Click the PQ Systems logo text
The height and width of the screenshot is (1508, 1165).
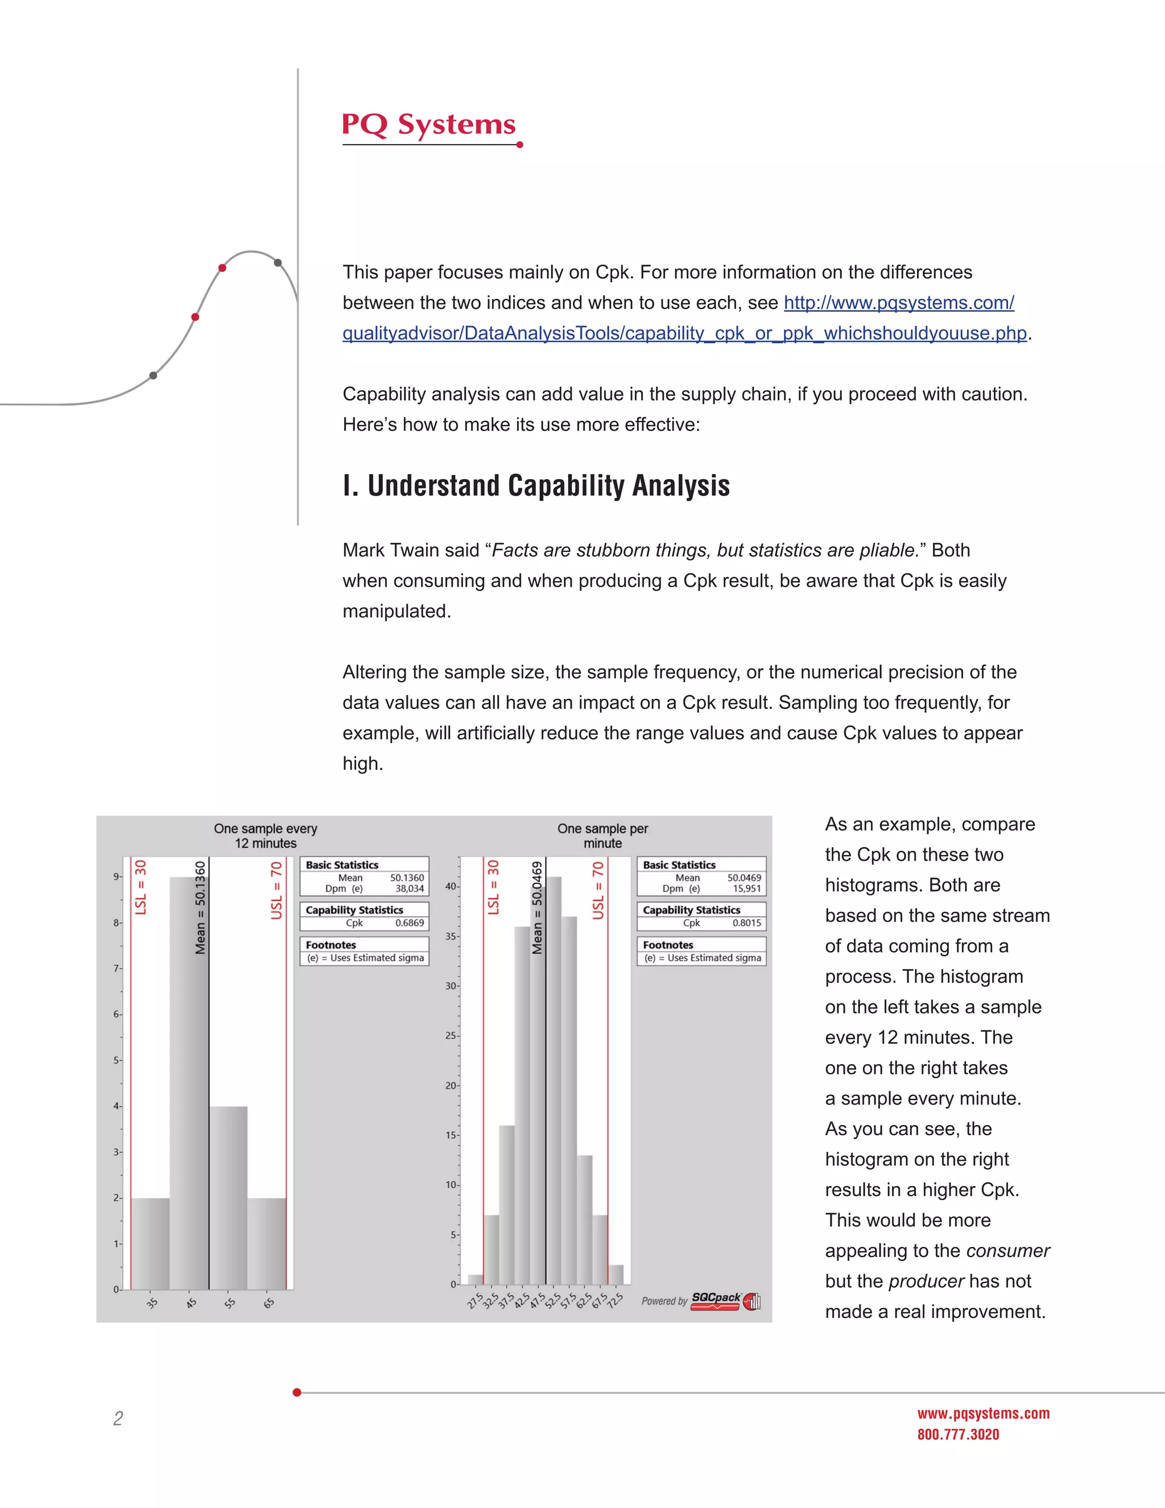click(428, 125)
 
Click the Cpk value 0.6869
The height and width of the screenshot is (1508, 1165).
click(409, 923)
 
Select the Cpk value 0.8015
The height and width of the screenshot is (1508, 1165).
click(747, 923)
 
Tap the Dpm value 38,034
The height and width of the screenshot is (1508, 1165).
click(409, 889)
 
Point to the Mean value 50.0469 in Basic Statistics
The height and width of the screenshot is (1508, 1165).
click(744, 877)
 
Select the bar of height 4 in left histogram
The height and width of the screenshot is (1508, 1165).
click(229, 1198)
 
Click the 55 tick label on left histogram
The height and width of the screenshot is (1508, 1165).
click(230, 1303)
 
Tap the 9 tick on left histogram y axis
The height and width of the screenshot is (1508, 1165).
click(117, 877)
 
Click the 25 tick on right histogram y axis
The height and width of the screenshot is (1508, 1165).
click(450, 1036)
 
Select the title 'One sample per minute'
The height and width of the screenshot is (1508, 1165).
click(602, 835)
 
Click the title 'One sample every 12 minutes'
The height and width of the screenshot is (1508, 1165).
click(266, 835)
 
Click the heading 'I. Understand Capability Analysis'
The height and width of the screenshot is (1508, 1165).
click(536, 485)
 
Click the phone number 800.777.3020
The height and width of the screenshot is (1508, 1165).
click(958, 1434)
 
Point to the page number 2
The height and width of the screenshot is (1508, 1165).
click(118, 1418)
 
